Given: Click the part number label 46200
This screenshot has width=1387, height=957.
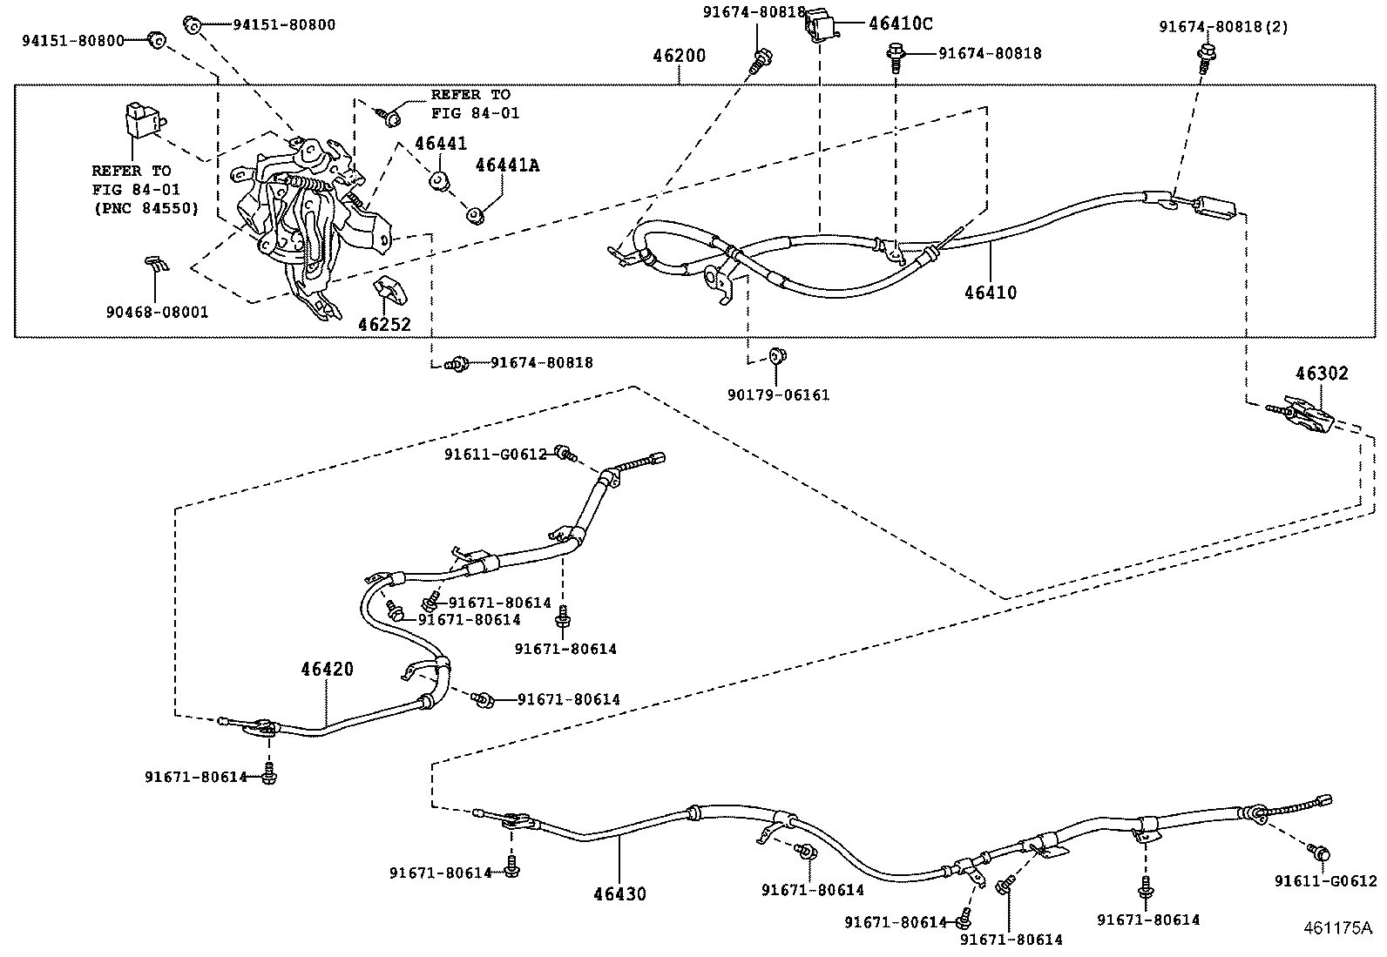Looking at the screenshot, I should coord(679,57).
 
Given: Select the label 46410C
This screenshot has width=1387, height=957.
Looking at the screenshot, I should coord(900,24).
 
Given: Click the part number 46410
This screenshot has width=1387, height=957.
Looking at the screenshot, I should coord(990,293).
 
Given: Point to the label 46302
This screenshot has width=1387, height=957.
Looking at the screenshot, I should coord(1321,374).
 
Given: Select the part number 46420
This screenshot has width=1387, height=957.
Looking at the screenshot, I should coord(328,670).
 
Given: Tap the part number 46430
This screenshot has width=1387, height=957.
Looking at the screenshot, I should coord(620,894).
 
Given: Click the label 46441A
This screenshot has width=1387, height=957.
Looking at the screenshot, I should coord(506,165).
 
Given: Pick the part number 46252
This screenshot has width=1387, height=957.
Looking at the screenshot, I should coord(384,325).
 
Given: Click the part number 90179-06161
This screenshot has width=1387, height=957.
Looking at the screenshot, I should coord(778,395).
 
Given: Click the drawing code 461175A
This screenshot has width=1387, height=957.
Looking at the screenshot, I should coord(1337,928).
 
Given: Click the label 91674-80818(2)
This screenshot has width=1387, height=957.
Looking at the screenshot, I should coord(1223,27).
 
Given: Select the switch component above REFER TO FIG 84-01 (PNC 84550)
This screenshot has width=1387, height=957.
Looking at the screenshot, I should coord(139,119).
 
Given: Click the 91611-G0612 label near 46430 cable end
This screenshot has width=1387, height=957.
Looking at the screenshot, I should coord(1325,881).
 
